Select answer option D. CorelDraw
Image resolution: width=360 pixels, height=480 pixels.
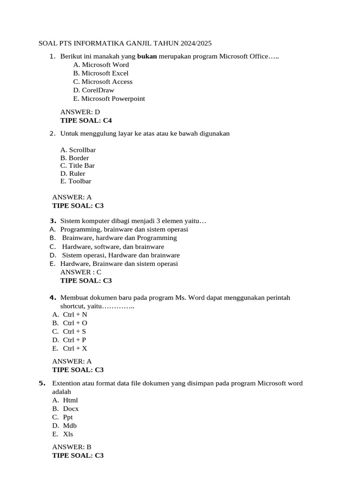(94, 90)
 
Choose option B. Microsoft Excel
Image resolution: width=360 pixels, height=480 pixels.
(101, 73)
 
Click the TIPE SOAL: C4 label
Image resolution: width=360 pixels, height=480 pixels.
(86, 120)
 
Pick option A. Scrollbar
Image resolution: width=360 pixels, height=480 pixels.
(78, 150)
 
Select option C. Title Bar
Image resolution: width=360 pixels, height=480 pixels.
(78, 165)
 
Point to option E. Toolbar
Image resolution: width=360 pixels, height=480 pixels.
(76, 181)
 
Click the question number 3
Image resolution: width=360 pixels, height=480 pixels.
(53, 221)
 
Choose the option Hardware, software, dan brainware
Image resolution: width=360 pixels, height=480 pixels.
(113, 247)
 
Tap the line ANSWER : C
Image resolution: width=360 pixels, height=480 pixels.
(81, 272)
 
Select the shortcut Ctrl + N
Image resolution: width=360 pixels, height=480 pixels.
(75, 315)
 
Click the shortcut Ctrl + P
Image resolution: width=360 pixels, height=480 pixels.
(75, 340)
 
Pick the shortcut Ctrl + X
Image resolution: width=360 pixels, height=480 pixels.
(75, 348)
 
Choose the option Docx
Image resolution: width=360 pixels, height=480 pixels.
(71, 409)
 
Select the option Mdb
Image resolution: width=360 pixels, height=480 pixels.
(70, 426)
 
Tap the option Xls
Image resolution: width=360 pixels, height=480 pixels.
(68, 434)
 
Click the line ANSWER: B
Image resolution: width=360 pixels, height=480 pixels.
(72, 447)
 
